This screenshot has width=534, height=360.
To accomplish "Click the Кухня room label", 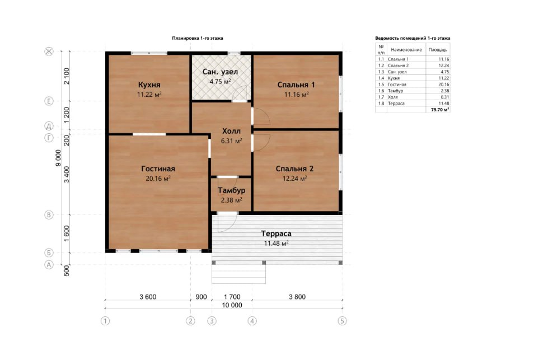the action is (x=149, y=85).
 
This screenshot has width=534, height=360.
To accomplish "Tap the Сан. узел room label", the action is (x=220, y=72).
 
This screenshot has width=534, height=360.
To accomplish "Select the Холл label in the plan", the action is (x=231, y=131).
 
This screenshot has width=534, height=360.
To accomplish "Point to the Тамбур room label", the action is (x=231, y=190).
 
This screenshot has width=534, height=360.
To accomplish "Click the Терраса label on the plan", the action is (x=276, y=233).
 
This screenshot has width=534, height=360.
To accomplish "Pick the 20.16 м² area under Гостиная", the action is (x=158, y=178).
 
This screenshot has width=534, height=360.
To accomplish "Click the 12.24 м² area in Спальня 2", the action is (x=295, y=178).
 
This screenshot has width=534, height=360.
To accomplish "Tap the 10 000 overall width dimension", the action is (x=232, y=305).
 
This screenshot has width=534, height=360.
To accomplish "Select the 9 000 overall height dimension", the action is (x=59, y=158).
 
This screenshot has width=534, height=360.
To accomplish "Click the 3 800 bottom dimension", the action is (x=297, y=297).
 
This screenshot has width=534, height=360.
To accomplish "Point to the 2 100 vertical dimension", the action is (x=67, y=76).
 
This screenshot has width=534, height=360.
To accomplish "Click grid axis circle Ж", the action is (x=49, y=52).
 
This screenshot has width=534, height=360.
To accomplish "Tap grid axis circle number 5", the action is (x=342, y=321).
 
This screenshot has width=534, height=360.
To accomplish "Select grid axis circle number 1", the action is (x=105, y=321).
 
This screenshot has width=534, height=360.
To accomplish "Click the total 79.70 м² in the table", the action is (x=440, y=110).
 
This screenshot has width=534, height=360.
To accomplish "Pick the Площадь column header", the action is (x=438, y=50).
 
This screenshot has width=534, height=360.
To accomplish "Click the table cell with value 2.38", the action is (x=445, y=91).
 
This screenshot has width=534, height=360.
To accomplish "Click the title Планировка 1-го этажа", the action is (x=198, y=38).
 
